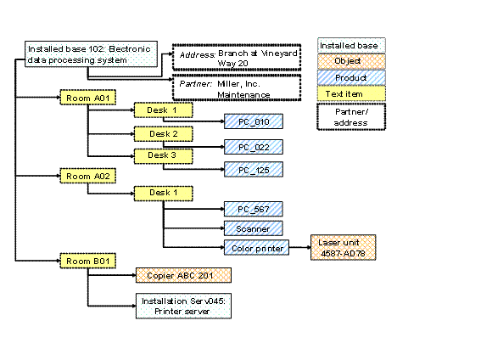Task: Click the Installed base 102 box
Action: [x=89, y=55]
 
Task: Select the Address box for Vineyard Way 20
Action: [x=237, y=57]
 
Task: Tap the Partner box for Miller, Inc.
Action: [x=237, y=88]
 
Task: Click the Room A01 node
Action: [x=87, y=98]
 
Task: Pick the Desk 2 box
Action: [x=163, y=134]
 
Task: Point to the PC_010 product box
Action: [x=253, y=122]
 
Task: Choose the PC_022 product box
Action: [x=253, y=147]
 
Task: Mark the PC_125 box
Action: [x=253, y=169]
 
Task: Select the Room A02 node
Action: [x=87, y=176]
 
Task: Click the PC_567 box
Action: [x=253, y=209]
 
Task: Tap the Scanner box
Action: [x=253, y=228]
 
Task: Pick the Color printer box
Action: [x=255, y=248]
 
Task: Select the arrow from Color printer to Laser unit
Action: [x=299, y=248]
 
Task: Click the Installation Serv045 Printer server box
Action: [x=182, y=304]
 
